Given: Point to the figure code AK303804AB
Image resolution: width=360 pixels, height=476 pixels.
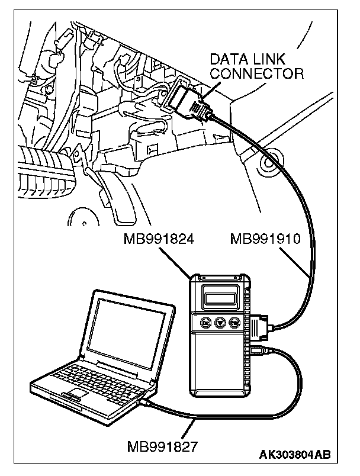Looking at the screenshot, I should tap(294, 455).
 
